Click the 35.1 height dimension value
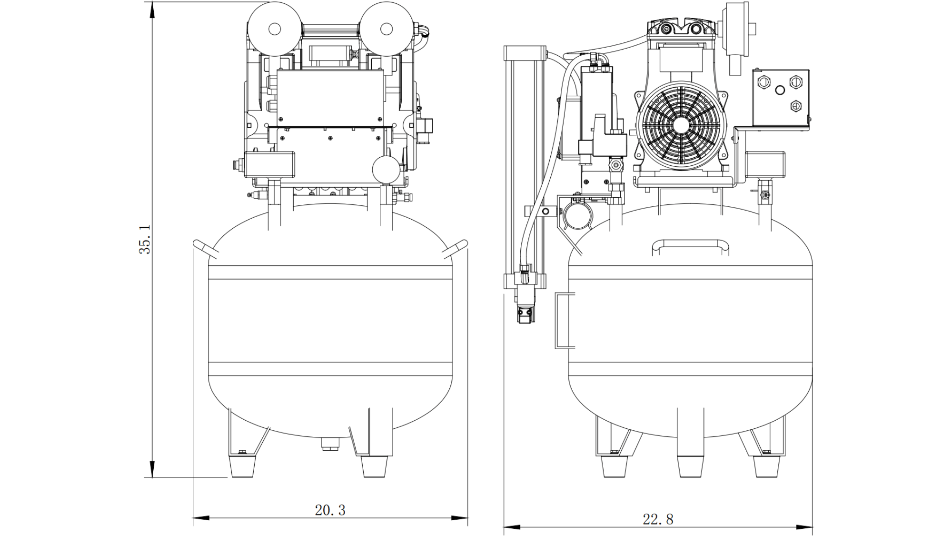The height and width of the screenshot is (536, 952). tap(145, 240)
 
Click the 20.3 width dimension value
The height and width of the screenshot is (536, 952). tap(330, 510)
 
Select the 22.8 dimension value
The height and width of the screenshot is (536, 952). tap(658, 519)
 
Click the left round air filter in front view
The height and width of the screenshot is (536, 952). tap(274, 29)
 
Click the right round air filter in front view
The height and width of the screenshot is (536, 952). tap(386, 29)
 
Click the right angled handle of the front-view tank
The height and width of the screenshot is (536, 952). tap(455, 248)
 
